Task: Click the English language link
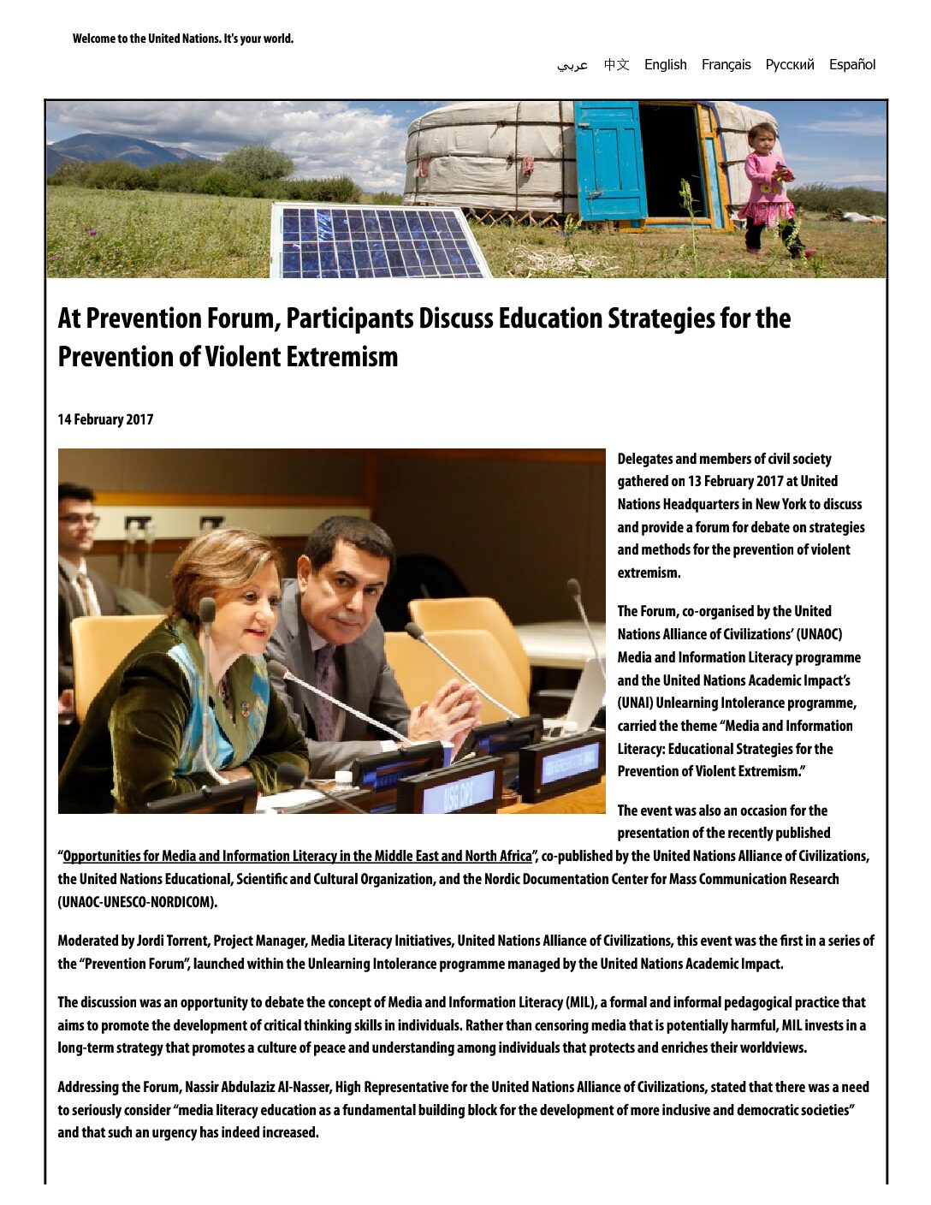point(665,65)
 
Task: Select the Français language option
point(726,65)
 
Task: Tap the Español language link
point(851,65)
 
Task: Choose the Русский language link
point(789,65)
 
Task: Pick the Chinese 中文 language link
point(616,65)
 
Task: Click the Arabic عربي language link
point(572,65)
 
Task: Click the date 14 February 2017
point(105,419)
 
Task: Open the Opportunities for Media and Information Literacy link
point(297,856)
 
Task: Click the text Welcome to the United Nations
point(182,39)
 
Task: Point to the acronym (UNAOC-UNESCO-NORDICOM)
point(137,902)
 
